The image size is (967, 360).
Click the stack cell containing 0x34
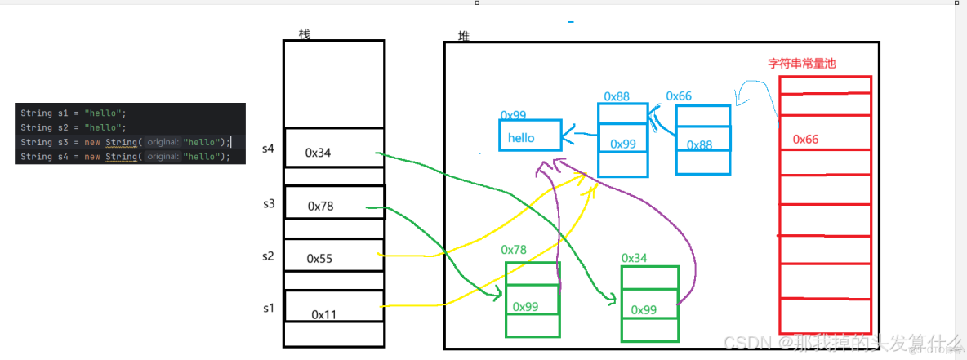pyautogui.click(x=333, y=152)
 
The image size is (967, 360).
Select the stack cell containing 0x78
pyautogui.click(x=333, y=206)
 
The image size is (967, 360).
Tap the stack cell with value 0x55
pyautogui.click(x=333, y=258)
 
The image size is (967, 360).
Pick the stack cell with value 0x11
pyautogui.click(x=333, y=313)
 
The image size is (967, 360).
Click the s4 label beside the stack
pyautogui.click(x=269, y=149)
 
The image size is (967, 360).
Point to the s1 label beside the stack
pyautogui.click(x=269, y=308)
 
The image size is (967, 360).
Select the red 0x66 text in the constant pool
pyautogui.click(x=805, y=140)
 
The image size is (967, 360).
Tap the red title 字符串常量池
pyautogui.click(x=802, y=63)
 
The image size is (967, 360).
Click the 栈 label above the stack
pyautogui.click(x=305, y=34)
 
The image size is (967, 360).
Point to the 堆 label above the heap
pyautogui.click(x=464, y=38)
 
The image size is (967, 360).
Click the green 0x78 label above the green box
pyautogui.click(x=514, y=249)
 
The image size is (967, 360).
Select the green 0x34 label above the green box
pyautogui.click(x=634, y=258)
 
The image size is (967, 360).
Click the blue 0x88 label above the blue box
pyautogui.click(x=617, y=96)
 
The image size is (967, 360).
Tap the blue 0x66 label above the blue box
pyautogui.click(x=679, y=96)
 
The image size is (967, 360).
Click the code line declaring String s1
pyautogui.click(x=74, y=113)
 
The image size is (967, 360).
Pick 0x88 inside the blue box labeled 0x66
pyautogui.click(x=700, y=145)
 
